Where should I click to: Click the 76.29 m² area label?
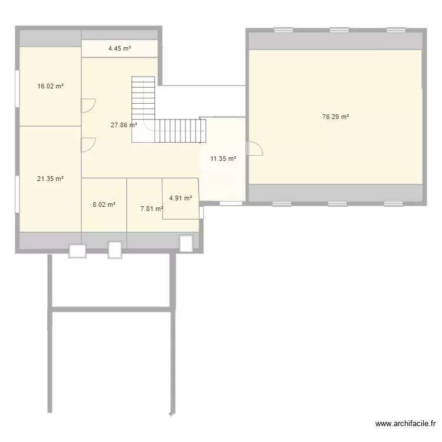[x=335, y=117]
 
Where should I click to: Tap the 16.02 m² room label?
[x=50, y=86]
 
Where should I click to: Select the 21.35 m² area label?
[x=50, y=179]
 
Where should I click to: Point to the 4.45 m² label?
[x=120, y=48]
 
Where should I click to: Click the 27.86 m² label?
[x=124, y=125]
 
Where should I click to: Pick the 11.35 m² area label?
[x=223, y=159]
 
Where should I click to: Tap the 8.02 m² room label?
[x=104, y=205]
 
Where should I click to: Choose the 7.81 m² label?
[x=151, y=208]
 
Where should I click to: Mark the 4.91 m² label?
[x=180, y=198]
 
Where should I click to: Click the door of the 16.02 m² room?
[x=87, y=105]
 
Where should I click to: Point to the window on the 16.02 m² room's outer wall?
[x=17, y=89]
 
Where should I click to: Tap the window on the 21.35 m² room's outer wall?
[x=17, y=186]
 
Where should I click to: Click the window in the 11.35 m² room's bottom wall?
[x=230, y=203]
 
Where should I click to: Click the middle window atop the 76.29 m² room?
[x=339, y=29]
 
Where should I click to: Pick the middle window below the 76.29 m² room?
[x=338, y=204]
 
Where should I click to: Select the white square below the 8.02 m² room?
[x=115, y=250]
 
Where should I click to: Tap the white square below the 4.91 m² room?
[x=186, y=243]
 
